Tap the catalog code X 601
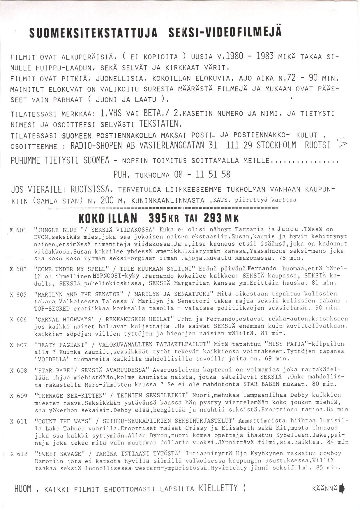click(18, 230)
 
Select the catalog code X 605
click(18, 294)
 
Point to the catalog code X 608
click(18, 371)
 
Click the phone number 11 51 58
click(213, 174)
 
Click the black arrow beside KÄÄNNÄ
click(342, 488)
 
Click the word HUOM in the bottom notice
click(23, 489)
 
